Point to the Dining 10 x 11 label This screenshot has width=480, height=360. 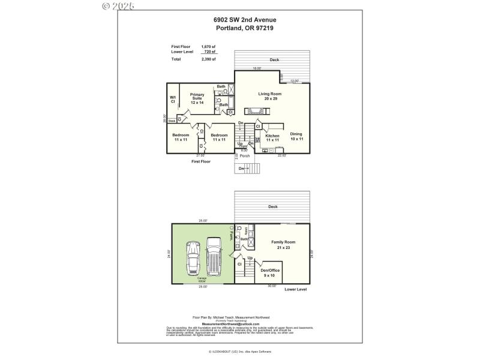pyautogui.click(x=296, y=136)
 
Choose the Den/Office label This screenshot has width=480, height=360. pyautogui.click(x=270, y=272)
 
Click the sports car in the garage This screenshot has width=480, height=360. pyautogui.click(x=194, y=257)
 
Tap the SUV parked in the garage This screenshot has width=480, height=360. pyautogui.click(x=214, y=254)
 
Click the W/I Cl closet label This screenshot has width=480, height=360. pyautogui.click(x=173, y=99)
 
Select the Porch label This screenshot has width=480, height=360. pyautogui.click(x=245, y=156)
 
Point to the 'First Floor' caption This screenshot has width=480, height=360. pyautogui.click(x=201, y=161)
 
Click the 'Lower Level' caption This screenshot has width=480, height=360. pyautogui.click(x=295, y=289)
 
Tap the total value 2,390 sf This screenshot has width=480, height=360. pyautogui.click(x=208, y=59)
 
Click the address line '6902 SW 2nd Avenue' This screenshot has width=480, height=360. pyautogui.click(x=245, y=20)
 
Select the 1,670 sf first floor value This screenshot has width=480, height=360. pyautogui.click(x=208, y=47)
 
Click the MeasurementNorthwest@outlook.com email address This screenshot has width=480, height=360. pyautogui.click(x=231, y=324)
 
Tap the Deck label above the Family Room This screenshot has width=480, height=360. pyautogui.click(x=273, y=206)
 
